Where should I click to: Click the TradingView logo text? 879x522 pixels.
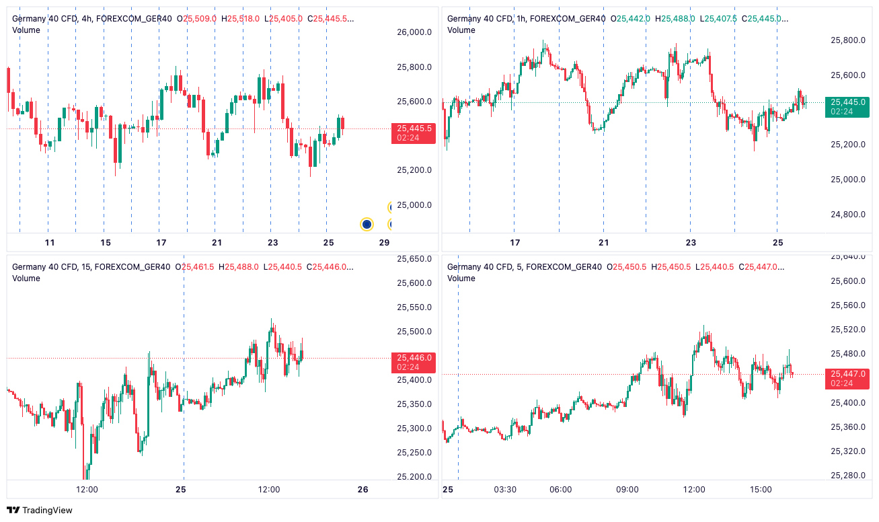point(47,510)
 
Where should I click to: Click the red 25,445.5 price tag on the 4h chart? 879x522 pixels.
point(413,133)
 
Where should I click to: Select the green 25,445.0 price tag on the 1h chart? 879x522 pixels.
point(847,107)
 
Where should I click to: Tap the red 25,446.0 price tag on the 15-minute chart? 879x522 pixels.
point(413,363)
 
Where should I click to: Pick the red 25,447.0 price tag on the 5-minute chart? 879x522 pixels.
point(847,378)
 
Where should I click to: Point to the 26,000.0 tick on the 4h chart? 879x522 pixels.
point(414,32)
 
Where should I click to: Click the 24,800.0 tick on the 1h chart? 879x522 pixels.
point(848,215)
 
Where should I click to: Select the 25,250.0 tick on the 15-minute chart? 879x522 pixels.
point(414,453)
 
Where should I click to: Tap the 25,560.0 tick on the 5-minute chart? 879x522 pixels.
point(848,305)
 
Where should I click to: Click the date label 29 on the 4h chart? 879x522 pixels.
point(384,243)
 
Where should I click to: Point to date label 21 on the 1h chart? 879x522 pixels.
point(603,243)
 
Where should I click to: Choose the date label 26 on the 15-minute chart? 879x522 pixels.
point(363,490)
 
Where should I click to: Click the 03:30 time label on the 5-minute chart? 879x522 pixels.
point(505,490)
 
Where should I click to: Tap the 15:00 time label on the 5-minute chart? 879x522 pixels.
point(761,490)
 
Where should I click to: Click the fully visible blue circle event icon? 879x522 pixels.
point(367,224)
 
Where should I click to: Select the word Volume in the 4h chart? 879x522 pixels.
point(26,30)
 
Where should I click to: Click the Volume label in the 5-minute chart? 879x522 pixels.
point(461,278)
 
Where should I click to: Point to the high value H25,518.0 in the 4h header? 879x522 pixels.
point(240,18)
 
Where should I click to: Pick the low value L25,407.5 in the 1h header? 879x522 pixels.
point(718,18)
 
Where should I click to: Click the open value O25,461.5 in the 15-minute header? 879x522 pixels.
point(194,267)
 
